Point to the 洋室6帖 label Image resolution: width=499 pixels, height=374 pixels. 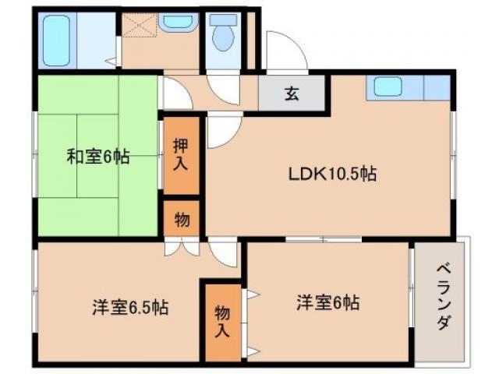[x=327, y=302]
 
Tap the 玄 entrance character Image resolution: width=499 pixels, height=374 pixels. [x=291, y=95]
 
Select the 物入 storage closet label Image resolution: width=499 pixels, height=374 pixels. [x=222, y=320]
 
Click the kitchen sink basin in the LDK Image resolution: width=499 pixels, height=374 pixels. [x=388, y=87]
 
